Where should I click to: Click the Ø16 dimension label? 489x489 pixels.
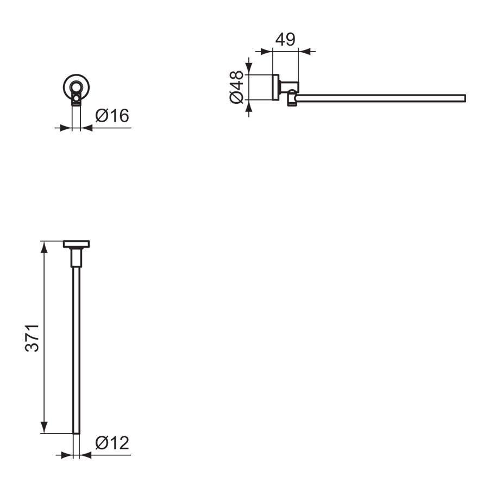coord(112,116)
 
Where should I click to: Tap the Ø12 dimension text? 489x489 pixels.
coord(112,443)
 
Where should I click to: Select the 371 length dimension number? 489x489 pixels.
coord(33,337)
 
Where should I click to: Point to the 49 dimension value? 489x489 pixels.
coord(285,40)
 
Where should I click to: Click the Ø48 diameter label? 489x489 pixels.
coord(236,87)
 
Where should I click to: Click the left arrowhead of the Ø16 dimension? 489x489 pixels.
coord(67,128)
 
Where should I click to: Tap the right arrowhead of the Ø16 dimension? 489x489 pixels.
coord(86,128)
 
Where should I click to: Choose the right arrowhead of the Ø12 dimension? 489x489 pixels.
coord(85,455)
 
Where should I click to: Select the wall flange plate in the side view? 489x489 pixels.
coord(275,87)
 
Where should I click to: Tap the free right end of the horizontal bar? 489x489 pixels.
coord(464,98)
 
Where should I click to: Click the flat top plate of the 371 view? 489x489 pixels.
coord(77,244)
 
